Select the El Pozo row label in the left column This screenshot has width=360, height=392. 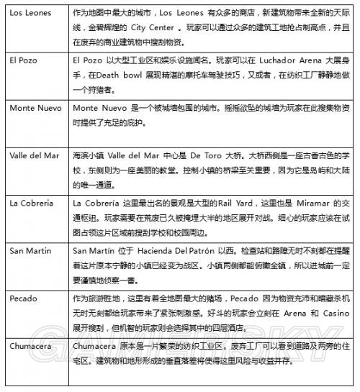coord(22,61)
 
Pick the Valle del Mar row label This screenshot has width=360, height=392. coord(35,155)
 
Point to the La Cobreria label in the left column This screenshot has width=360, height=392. coord(31,203)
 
